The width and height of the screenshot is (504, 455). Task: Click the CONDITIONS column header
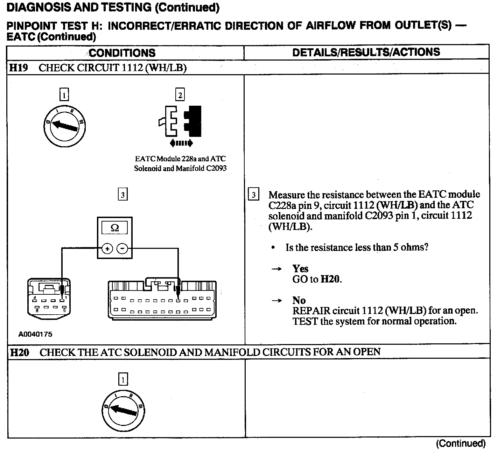coord(122,53)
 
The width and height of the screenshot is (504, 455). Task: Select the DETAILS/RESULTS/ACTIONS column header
coord(366,52)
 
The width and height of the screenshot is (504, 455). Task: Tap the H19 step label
coord(19,68)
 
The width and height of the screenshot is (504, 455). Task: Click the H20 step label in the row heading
coord(20,352)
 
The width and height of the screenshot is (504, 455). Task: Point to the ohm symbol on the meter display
coord(114,228)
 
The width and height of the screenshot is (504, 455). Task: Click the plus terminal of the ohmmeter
coord(107,249)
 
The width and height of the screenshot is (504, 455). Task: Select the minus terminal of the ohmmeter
coord(122,249)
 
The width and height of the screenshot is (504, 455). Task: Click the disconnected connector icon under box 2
coord(180,121)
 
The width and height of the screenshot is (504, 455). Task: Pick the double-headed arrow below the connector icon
coord(180,143)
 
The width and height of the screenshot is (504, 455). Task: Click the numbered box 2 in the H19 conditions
coord(180,95)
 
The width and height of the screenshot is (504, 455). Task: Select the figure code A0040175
coord(35,334)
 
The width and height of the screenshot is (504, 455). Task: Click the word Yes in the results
coord(300,268)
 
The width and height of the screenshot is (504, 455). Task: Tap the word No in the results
coord(299,300)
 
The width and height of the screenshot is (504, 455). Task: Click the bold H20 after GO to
coord(331,279)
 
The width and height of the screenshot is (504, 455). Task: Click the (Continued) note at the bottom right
coord(461,443)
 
